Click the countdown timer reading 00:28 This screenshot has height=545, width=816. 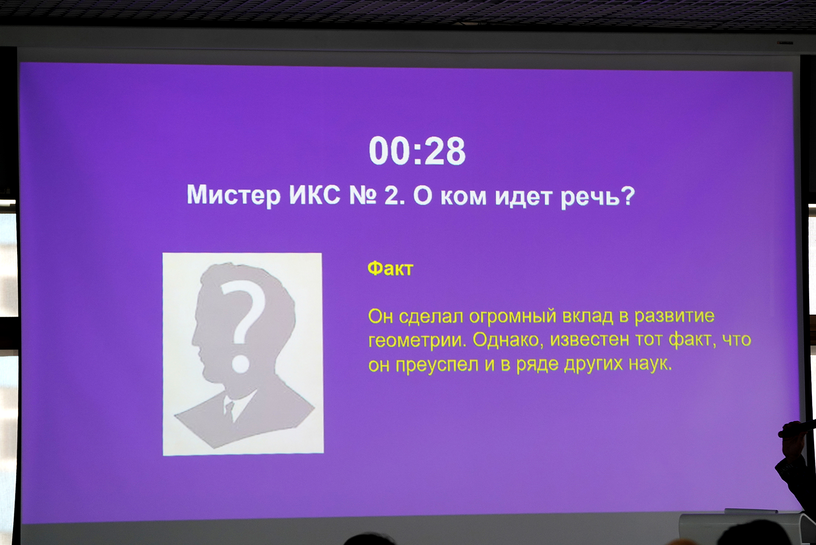click(417, 151)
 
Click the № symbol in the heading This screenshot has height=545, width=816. click(363, 196)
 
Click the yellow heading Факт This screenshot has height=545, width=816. click(390, 269)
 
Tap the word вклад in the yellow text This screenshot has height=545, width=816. click(588, 316)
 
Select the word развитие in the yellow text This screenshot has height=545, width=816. click(674, 316)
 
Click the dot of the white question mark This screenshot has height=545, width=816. click(241, 364)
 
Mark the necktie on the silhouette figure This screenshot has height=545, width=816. click(229, 409)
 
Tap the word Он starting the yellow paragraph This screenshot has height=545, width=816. click(380, 316)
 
